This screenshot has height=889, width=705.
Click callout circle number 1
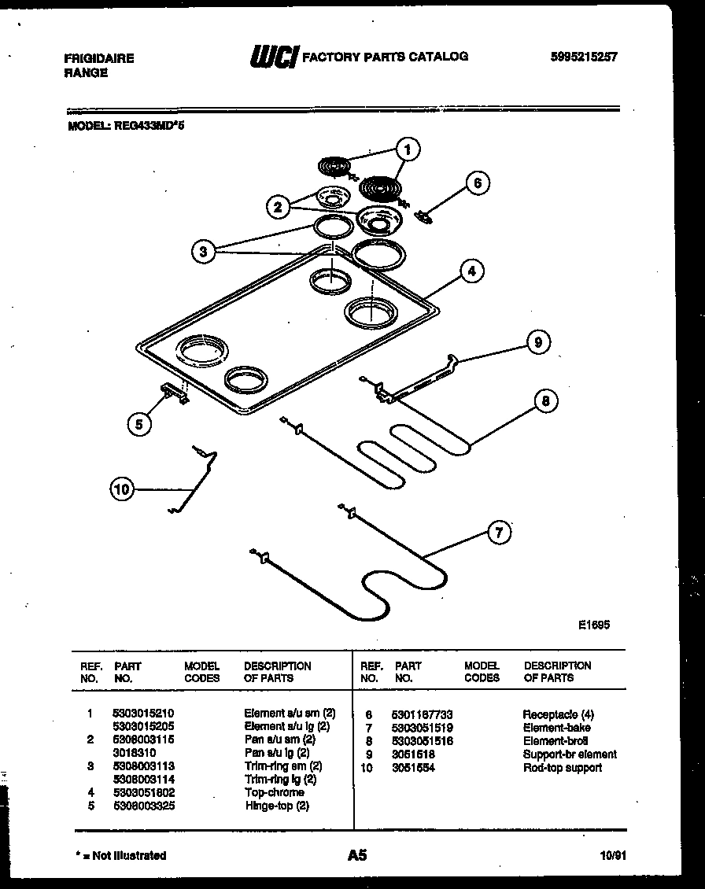coord(407,148)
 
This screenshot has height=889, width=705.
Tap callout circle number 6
coord(477,184)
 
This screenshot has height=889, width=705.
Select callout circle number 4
coord(471,272)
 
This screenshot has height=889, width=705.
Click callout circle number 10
coord(121,489)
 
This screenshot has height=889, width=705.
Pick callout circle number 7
coord(497,533)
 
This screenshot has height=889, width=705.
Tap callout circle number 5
coord(138,424)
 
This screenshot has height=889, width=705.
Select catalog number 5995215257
coord(584,57)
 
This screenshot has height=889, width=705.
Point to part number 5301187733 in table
coord(422,714)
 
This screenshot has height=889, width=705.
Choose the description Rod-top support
coord(562,767)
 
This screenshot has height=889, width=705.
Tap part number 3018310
coord(134,753)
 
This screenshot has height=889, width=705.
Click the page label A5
coord(356,854)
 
